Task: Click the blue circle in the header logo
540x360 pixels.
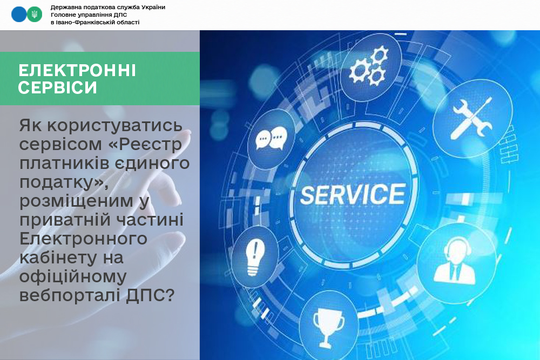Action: pos(18,15)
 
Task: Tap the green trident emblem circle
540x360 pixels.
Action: pos(35,15)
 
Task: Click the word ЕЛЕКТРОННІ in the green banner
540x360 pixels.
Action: pos(77,71)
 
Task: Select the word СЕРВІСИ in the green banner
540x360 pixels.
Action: pos(58,87)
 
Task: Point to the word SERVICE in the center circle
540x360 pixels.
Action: pos(353,194)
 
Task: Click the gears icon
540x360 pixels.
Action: pos(369,67)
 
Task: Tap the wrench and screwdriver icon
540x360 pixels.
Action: pos(472,118)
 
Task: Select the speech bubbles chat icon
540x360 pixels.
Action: pos(272,138)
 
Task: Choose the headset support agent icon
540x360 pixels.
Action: pos(455,262)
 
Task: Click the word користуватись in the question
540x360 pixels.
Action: pos(114,125)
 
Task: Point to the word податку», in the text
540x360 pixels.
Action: pos(64,182)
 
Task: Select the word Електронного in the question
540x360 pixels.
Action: pos(83,239)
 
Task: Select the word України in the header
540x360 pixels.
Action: pos(153,7)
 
